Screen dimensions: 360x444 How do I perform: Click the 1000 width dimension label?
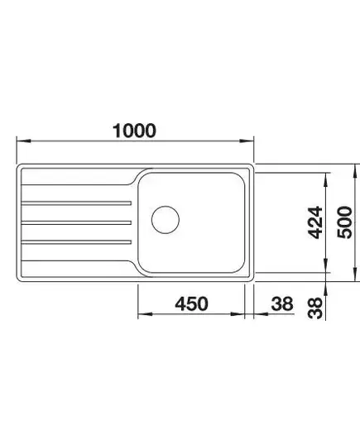point(134,131)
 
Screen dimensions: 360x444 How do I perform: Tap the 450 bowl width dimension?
point(191,303)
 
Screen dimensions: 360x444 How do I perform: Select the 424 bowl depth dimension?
point(315,222)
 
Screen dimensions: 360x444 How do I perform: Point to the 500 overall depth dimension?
point(345,222)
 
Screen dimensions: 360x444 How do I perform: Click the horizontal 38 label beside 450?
point(281,303)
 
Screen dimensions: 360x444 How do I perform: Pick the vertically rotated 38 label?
point(315,308)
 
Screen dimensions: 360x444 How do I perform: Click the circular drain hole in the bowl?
point(166,220)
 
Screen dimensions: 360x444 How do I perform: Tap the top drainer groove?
point(76,203)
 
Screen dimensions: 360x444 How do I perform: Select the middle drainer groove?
point(76,223)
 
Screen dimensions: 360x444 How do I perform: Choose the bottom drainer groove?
point(76,242)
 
